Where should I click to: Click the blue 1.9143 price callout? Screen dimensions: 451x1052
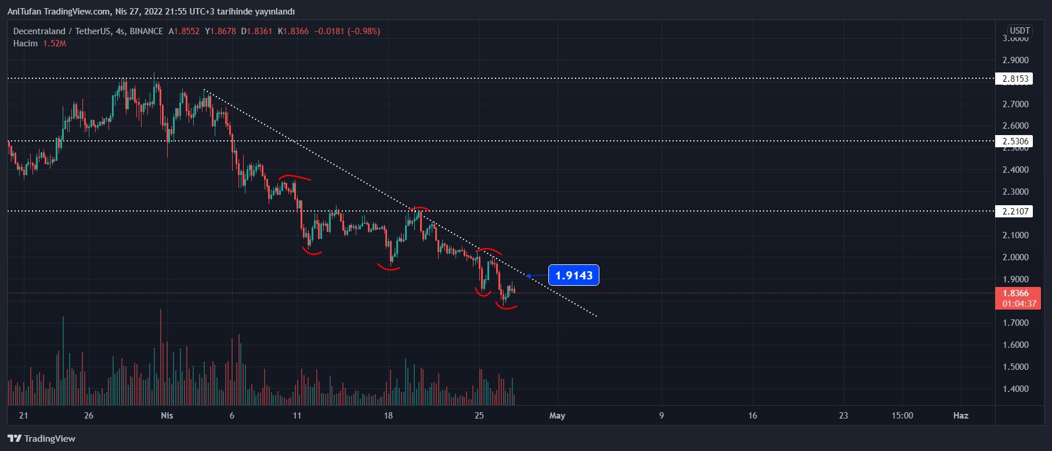click(x=574, y=275)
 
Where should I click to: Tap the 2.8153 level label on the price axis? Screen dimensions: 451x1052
click(x=1015, y=79)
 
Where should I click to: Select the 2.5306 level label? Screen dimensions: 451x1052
click(x=1015, y=141)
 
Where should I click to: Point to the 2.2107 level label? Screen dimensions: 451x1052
click(x=1015, y=212)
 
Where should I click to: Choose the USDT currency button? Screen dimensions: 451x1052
click(x=1020, y=31)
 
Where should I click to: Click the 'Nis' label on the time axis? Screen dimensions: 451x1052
click(x=167, y=416)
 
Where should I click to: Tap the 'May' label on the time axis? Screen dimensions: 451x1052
click(x=557, y=416)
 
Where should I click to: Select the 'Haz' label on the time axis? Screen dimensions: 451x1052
click(x=961, y=416)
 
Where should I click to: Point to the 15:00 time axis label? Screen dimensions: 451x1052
click(x=902, y=416)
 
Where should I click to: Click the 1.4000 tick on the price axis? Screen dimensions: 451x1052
click(x=1015, y=389)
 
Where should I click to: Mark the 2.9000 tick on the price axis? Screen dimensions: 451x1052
click(x=1015, y=60)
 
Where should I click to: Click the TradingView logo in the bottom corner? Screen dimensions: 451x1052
click(x=42, y=439)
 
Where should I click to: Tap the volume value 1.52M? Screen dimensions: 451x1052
click(x=55, y=43)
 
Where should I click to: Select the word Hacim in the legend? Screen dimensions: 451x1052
click(x=26, y=43)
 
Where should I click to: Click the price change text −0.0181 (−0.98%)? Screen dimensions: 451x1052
click(x=347, y=31)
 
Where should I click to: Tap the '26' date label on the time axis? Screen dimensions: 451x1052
click(x=89, y=416)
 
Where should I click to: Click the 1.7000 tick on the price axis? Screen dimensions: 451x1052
click(x=1015, y=323)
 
